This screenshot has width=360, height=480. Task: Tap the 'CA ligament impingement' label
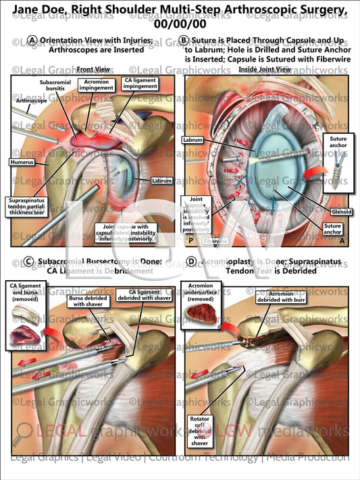(137, 85)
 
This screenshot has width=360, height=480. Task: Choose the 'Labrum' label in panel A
(162, 180)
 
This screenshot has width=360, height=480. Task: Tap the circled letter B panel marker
(185, 40)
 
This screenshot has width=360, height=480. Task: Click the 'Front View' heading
(93, 70)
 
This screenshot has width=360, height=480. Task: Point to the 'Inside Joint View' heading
(265, 70)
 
